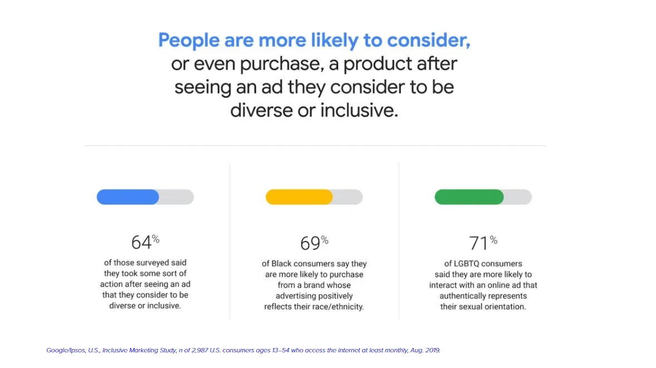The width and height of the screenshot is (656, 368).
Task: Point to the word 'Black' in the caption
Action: pyautogui.click(x=282, y=264)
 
